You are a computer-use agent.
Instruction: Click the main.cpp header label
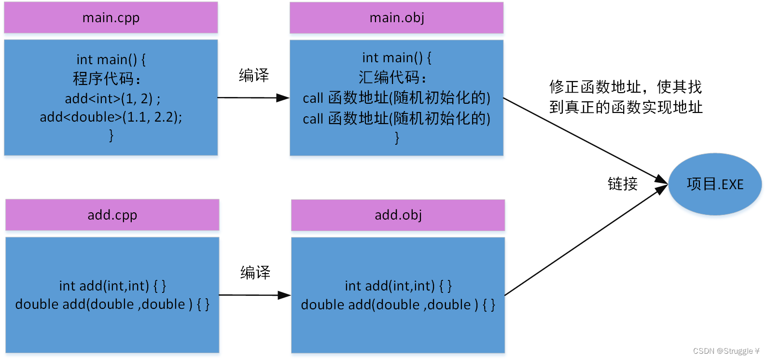pyautogui.click(x=111, y=18)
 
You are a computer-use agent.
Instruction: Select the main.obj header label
pyautogui.click(x=397, y=18)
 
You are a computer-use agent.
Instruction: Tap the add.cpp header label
pyautogui.click(x=112, y=215)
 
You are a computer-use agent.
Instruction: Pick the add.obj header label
pyautogui.click(x=398, y=215)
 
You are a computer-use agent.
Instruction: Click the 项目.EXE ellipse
pyautogui.click(x=715, y=184)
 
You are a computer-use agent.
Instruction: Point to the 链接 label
pyautogui.click(x=622, y=184)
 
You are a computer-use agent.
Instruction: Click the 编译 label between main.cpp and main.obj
pyautogui.click(x=253, y=75)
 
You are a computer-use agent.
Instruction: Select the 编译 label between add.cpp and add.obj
pyautogui.click(x=255, y=273)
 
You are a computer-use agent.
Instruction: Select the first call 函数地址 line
pyautogui.click(x=396, y=98)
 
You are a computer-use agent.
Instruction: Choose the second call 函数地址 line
pyautogui.click(x=396, y=119)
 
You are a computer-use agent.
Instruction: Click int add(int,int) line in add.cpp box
pyautogui.click(x=112, y=286)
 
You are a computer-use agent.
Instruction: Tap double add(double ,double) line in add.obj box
pyautogui.click(x=398, y=305)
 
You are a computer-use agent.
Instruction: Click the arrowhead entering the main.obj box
pyautogui.click(x=284, y=98)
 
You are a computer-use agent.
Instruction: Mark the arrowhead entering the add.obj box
pyautogui.click(x=285, y=295)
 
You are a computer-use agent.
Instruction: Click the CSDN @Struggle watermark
pyautogui.click(x=725, y=351)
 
